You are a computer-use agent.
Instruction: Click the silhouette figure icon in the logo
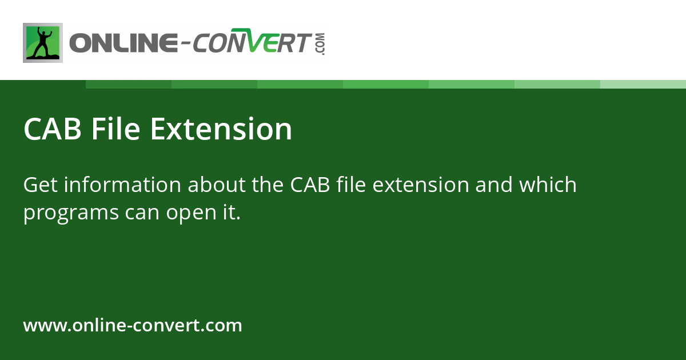43,43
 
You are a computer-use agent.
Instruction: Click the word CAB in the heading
53,129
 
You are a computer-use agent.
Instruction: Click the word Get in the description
39,185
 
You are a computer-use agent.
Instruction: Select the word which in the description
547,185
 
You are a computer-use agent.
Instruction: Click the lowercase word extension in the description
416,185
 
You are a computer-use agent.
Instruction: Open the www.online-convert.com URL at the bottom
133,326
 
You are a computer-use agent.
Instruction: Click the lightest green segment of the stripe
643,84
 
